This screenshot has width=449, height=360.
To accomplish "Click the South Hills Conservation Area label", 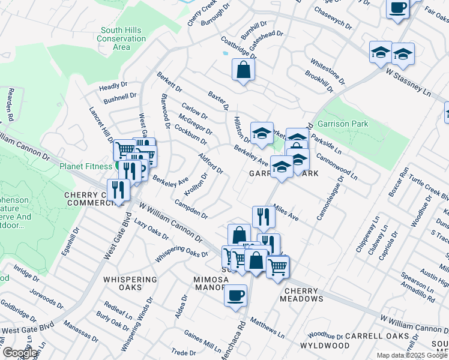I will pos(121,38).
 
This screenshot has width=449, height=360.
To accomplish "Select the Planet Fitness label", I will pos(86,167).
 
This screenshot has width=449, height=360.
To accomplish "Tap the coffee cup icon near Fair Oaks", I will pos(397,8).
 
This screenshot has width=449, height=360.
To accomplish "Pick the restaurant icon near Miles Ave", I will pos(264,217).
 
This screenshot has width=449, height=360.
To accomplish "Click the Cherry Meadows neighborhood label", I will pos(303,298).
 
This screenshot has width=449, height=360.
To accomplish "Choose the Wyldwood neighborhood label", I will pos(324,346).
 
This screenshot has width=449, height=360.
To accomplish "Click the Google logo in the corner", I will pos(20,353).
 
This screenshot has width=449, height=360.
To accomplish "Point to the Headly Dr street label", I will pos(113,86).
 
